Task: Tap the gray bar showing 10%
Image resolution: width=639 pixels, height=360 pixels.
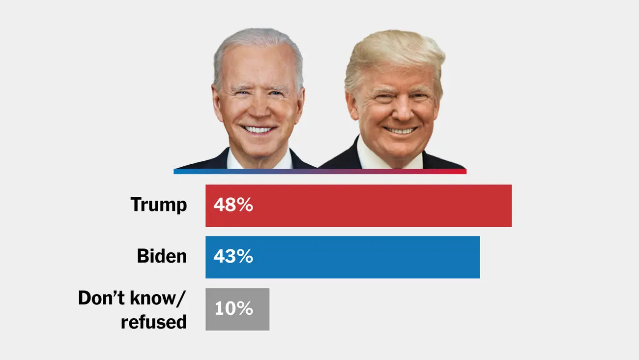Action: [237, 309]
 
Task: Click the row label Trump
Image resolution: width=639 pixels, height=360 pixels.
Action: [159, 205]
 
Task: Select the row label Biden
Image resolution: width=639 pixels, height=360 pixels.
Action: [162, 256]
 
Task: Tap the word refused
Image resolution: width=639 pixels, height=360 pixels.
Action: [154, 322]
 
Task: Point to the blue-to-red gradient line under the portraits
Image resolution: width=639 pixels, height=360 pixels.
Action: [319, 172]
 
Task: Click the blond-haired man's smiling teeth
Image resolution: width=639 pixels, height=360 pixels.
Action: [400, 131]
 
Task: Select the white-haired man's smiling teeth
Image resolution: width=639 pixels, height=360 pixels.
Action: [258, 130]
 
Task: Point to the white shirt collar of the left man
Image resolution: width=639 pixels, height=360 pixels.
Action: [236, 160]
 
